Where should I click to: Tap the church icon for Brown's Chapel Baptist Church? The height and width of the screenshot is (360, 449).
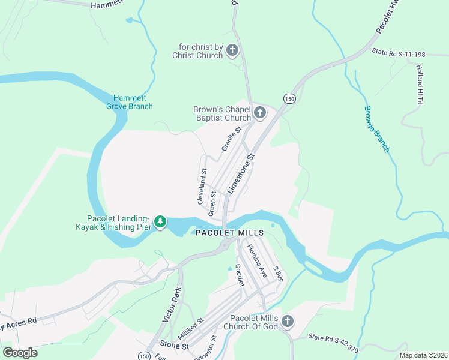tap(260, 113)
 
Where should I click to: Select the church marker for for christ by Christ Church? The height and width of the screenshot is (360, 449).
tap(232, 51)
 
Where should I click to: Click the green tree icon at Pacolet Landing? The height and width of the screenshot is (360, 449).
tap(160, 222)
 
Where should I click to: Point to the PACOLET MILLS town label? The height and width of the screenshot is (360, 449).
tap(229, 233)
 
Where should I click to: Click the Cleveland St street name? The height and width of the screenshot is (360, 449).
tap(203, 187)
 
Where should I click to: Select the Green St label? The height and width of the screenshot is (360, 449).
tap(212, 203)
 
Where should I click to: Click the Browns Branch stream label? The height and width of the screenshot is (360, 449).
tap(377, 129)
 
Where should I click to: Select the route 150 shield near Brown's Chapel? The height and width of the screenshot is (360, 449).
tap(290, 98)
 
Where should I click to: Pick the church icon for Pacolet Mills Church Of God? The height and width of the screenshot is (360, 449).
tap(287, 322)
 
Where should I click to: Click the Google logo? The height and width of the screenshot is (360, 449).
tap(20, 353)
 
